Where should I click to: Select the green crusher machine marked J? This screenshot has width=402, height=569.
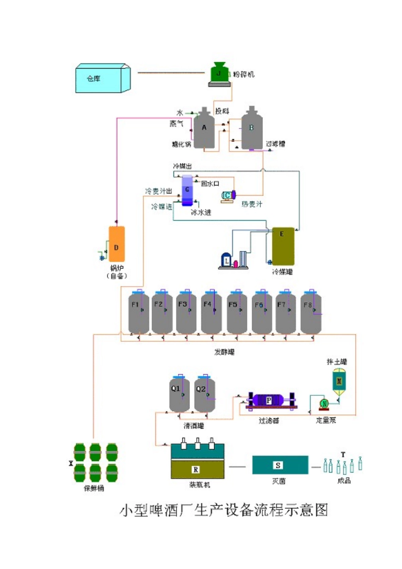pos(219,74)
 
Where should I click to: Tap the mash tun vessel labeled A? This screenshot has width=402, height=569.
pos(204,129)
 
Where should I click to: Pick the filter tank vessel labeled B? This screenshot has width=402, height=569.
pos(252,129)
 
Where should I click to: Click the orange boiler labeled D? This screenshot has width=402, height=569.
pos(117,244)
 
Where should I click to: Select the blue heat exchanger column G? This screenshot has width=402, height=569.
pos(187,190)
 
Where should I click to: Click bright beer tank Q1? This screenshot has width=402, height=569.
pos(179,394)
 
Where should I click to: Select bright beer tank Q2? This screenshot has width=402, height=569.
pos(204,394)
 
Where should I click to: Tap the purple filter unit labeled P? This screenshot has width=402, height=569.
pos(269,401)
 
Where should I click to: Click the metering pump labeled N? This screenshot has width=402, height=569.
pos(324,403)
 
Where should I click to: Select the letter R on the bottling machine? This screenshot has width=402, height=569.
pos(195,470)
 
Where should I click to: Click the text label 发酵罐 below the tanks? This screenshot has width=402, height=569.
pos(224,352)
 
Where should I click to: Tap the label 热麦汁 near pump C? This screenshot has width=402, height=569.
pos(252,204)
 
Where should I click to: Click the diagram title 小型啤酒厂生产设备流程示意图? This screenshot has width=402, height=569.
pos(224,510)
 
